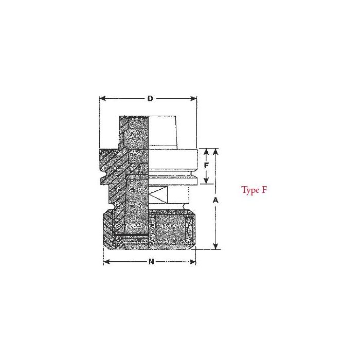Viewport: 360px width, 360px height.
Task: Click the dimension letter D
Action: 150,99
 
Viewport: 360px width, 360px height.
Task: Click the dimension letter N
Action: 151,262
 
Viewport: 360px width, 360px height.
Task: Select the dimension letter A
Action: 215,200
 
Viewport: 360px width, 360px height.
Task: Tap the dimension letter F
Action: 206,165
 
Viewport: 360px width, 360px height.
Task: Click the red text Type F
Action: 254,190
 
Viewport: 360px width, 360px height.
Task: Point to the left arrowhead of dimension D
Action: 103,99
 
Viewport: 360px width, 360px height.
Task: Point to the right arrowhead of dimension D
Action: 193,99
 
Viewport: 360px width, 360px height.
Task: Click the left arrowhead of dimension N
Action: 106,262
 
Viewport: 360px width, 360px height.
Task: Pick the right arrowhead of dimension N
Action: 192,262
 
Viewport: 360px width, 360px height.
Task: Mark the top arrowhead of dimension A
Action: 215,152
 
